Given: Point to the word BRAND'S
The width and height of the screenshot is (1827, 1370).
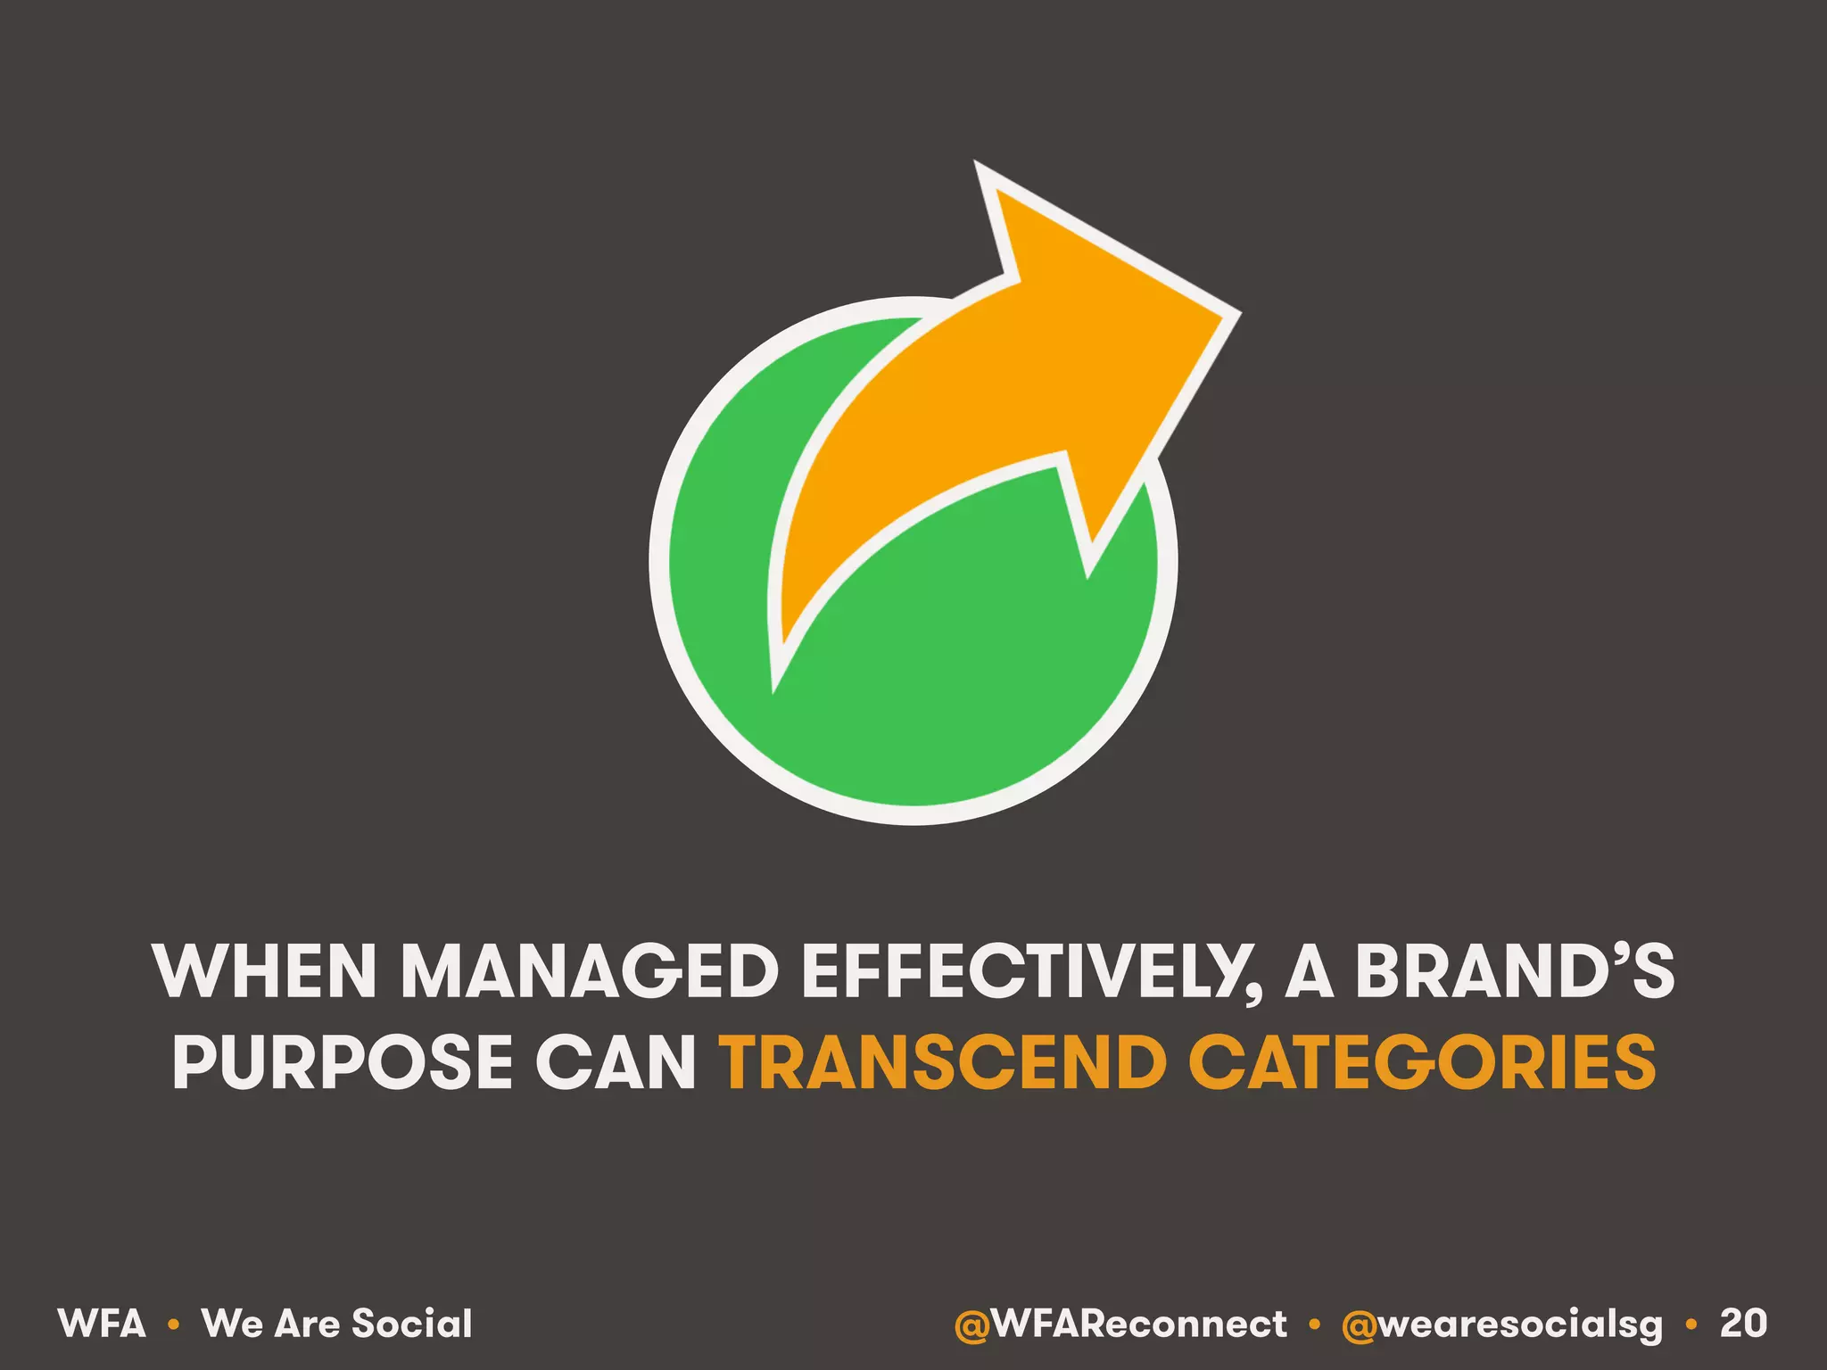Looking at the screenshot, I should coord(1514,971).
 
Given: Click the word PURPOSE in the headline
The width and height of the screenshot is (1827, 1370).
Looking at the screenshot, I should coord(343,1062).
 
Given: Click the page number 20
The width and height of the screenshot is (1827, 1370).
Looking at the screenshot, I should coord(1743,1324).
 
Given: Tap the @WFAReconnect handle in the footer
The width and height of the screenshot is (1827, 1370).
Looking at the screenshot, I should coord(1120,1325).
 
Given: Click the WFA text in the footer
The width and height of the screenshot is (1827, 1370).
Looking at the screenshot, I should coord(102,1324).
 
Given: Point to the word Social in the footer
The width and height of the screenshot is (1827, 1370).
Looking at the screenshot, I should coord(412,1324).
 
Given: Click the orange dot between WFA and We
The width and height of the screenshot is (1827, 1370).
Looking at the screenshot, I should coord(174,1325).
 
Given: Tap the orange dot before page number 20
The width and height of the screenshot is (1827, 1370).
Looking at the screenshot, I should coord(1691,1325).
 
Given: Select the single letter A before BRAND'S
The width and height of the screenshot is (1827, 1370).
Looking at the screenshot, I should coord(1309,971).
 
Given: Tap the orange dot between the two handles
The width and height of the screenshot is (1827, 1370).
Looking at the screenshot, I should coord(1314,1325).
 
